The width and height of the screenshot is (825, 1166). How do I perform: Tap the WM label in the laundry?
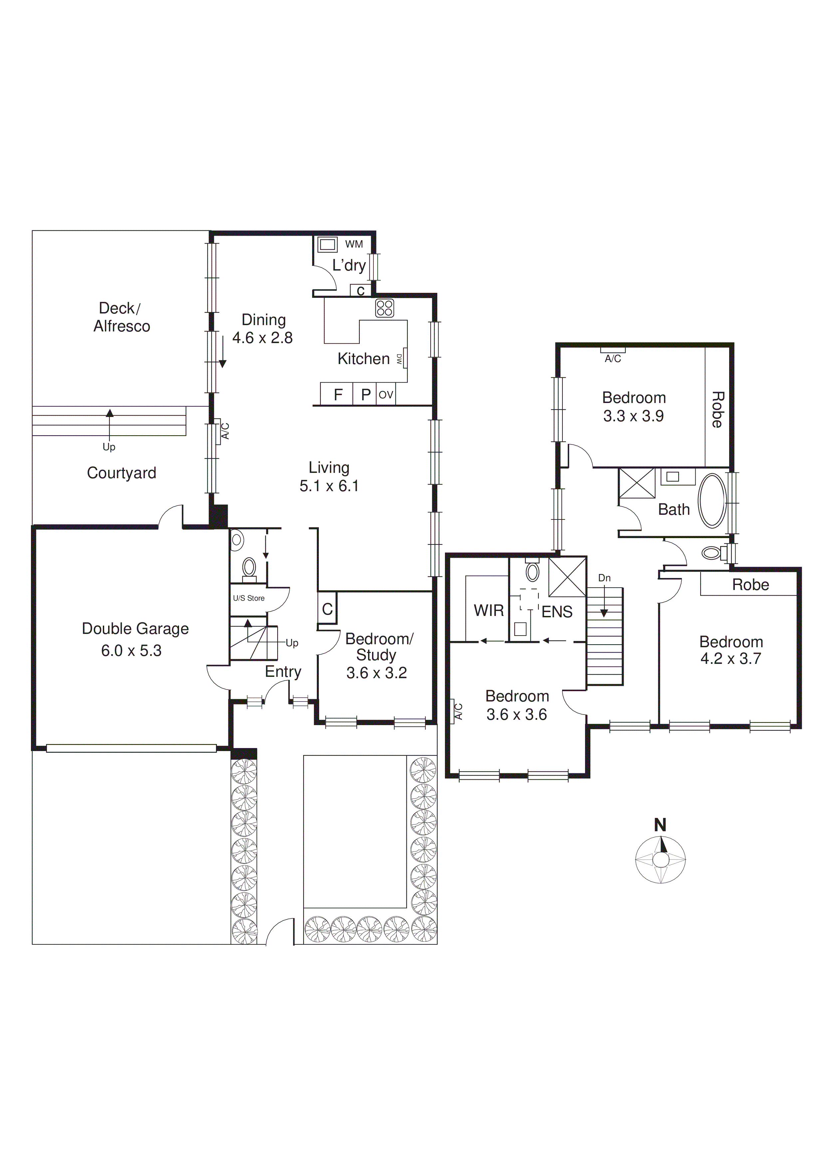tap(354, 244)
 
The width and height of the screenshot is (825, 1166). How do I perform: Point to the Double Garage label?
tap(135, 629)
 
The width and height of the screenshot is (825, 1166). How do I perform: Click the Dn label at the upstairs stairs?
tap(604, 578)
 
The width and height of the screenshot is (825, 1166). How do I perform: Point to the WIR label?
tap(488, 610)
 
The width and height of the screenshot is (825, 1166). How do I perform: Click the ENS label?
tap(557, 612)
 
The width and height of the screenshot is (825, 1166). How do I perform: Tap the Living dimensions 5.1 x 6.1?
tap(329, 486)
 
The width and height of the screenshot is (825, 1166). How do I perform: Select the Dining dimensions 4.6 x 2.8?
tap(262, 338)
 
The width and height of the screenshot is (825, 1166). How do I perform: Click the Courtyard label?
tap(121, 473)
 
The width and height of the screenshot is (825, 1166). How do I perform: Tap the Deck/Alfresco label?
tap(121, 317)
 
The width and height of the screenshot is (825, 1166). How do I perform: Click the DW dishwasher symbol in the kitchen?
tap(400, 360)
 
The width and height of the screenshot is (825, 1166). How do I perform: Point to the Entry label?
tap(283, 672)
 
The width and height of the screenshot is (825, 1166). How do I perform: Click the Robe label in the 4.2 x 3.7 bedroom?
tap(750, 585)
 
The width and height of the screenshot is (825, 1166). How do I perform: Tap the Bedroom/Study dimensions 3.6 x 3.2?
tap(376, 673)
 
